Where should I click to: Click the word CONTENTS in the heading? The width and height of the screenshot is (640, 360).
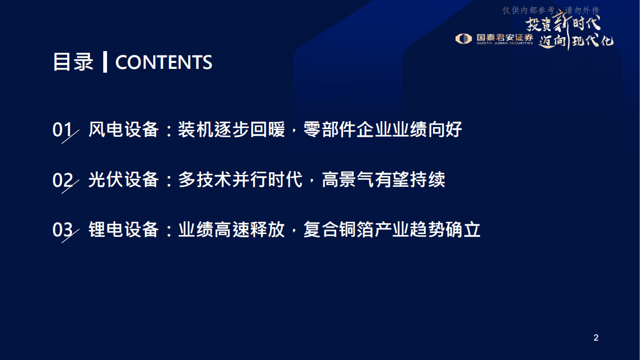click(163, 62)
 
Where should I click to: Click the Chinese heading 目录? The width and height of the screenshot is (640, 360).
click(73, 62)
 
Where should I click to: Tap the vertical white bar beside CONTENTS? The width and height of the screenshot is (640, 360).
click(105, 62)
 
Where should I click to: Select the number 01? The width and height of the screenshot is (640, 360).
click(62, 130)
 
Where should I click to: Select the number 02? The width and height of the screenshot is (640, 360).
click(62, 180)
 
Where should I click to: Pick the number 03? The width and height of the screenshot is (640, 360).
click(62, 230)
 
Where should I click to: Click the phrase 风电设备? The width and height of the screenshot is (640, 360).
click(124, 130)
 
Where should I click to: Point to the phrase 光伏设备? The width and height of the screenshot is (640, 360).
click(124, 180)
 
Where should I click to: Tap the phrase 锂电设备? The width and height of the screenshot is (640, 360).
click(124, 230)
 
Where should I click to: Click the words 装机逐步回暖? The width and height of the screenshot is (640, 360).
click(231, 130)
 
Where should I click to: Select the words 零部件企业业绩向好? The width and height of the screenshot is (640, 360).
click(382, 130)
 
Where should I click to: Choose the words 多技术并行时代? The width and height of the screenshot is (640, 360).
click(240, 180)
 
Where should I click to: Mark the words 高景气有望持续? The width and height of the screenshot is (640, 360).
click(383, 180)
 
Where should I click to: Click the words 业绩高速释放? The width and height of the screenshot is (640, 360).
click(231, 230)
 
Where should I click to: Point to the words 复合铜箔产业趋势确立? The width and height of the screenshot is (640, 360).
click(392, 230)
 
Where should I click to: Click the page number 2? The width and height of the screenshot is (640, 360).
click(596, 338)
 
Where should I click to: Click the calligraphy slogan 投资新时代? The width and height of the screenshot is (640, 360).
click(563, 23)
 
